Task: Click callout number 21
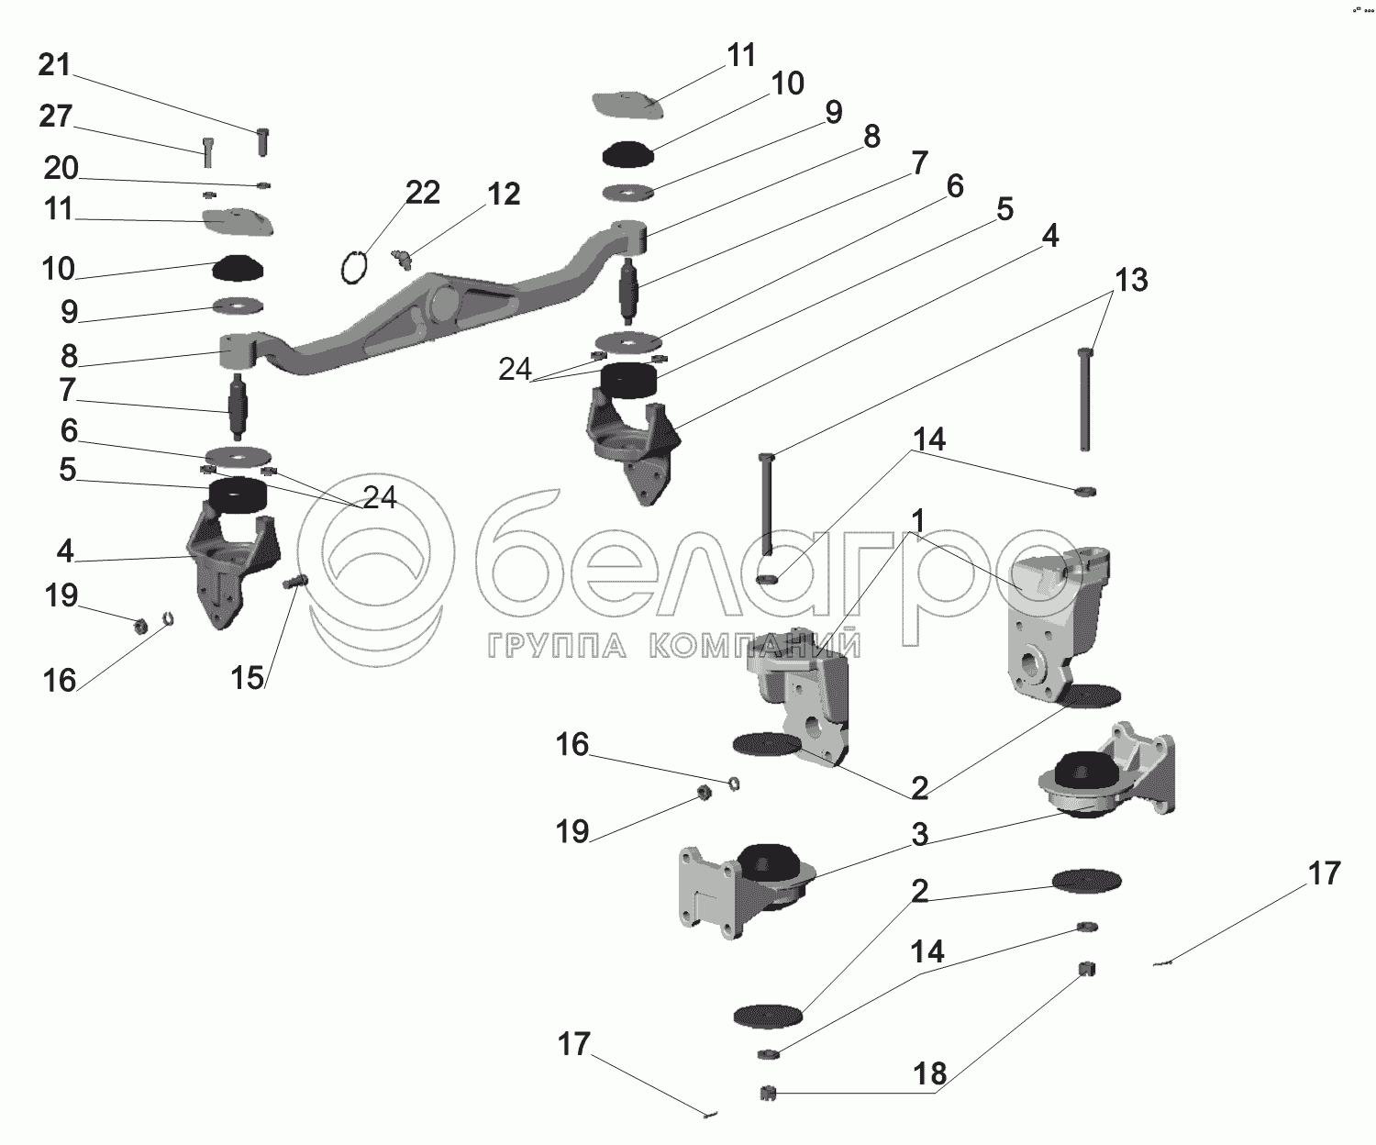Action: coord(54,65)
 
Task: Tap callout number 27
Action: coord(55,117)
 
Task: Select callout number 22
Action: coord(422,194)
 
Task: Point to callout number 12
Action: coord(505,194)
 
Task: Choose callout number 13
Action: coord(1131,280)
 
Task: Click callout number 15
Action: coord(247,678)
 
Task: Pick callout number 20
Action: coord(61,168)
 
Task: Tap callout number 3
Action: coord(920,835)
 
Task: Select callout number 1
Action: coord(917,521)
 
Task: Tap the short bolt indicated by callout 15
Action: coord(296,582)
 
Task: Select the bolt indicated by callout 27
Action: coord(207,151)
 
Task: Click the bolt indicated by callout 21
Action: coord(262,142)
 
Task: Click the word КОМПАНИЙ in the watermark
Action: coord(755,645)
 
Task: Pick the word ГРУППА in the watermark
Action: coord(557,647)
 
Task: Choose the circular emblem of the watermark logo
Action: coord(376,568)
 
